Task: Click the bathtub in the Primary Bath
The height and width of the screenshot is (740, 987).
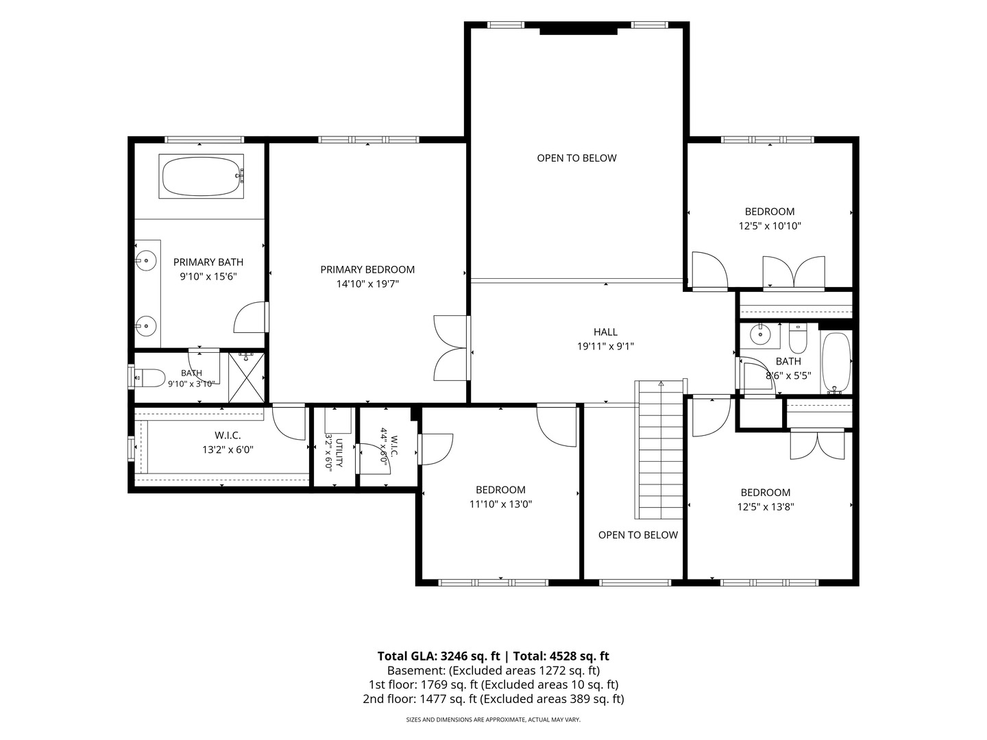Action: click(x=201, y=176)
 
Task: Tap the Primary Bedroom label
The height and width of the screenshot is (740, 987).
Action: click(x=367, y=269)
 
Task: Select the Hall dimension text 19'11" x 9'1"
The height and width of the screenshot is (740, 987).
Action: click(x=605, y=347)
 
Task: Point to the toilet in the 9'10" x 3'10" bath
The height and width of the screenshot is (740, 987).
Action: click(x=150, y=378)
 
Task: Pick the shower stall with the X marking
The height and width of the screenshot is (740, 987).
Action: click(x=246, y=378)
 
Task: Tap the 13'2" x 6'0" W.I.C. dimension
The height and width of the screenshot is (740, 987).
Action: click(x=228, y=449)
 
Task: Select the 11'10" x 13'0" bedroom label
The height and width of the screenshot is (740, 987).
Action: click(x=500, y=490)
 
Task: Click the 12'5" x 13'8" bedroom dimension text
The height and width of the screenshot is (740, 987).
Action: click(x=766, y=507)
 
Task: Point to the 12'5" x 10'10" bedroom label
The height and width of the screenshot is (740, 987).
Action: click(x=769, y=212)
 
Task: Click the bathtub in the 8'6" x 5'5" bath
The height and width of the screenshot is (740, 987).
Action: click(x=836, y=363)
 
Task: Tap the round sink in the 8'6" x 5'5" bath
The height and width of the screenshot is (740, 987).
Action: click(x=760, y=335)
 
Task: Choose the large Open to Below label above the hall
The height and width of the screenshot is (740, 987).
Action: click(x=576, y=158)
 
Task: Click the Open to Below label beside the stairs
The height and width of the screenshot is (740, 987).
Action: click(x=637, y=535)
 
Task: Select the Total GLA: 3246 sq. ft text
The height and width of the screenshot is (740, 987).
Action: click(x=439, y=656)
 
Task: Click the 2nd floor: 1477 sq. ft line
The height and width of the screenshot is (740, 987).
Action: click(x=493, y=699)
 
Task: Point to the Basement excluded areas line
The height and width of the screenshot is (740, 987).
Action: click(x=493, y=671)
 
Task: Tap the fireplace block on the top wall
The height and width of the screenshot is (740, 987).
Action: click(x=578, y=31)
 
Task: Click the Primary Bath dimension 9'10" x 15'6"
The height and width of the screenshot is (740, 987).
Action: click(x=208, y=276)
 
